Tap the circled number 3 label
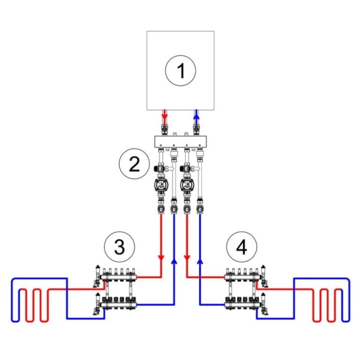(x=120, y=248)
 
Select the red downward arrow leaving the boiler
(x=165, y=116)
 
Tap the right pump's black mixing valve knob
(x=182, y=169)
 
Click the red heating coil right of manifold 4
(x=327, y=305)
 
